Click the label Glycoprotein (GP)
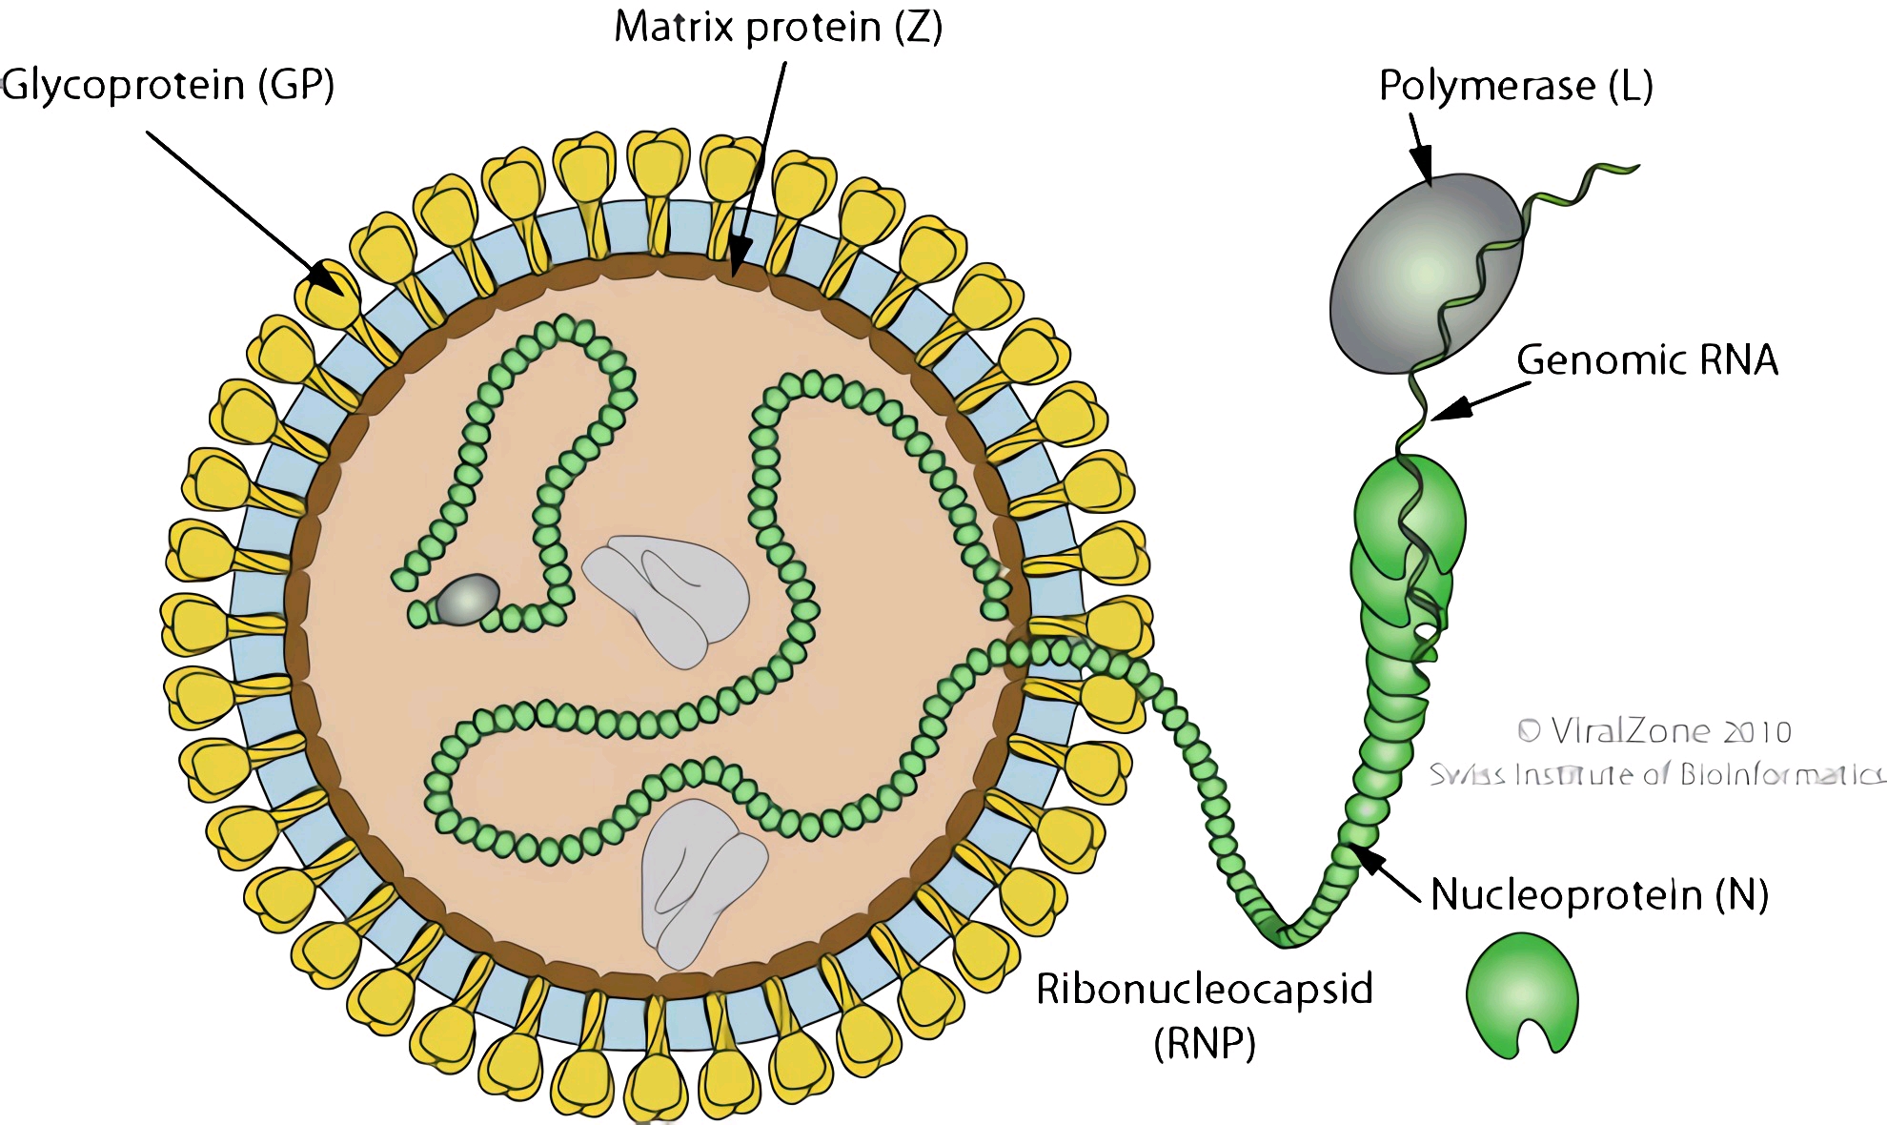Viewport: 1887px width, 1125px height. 169,86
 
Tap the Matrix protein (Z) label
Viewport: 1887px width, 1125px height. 778,27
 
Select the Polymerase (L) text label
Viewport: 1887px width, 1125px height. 1515,87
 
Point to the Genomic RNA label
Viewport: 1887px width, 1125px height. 1647,360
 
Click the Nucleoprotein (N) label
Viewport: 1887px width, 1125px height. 1599,895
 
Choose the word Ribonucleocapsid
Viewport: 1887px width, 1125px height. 1205,989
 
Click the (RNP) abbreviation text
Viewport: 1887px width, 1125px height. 1205,1044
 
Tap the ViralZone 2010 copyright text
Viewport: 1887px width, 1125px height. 1654,731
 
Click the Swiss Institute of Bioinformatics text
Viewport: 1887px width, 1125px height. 1656,774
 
